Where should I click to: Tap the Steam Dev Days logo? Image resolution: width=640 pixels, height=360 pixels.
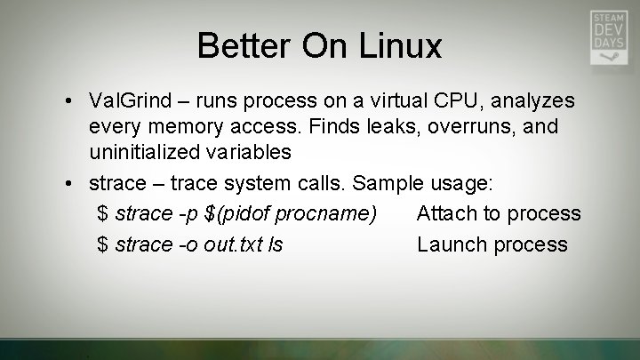(609, 37)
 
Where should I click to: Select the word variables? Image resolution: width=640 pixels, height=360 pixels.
(252, 152)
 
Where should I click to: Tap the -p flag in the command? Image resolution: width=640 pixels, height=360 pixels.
(186, 213)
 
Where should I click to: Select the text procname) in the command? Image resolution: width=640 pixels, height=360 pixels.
(337, 213)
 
